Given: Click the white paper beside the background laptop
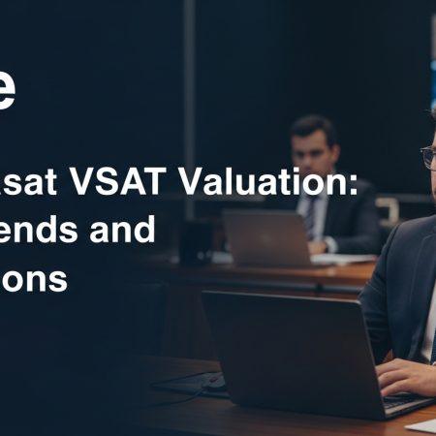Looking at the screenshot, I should [344, 260].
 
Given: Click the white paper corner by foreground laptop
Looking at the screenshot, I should [422, 423].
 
